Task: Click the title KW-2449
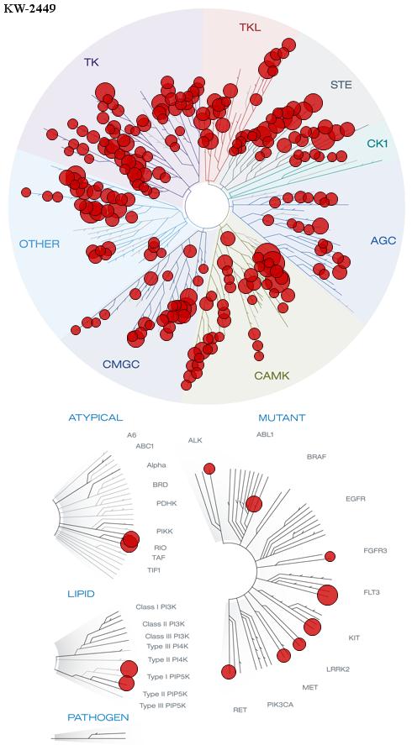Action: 29,8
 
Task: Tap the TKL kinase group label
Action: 251,28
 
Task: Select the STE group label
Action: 341,86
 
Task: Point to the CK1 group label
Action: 378,144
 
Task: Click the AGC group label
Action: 383,241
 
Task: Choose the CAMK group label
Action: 272,376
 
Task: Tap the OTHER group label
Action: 40,244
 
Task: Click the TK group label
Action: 92,62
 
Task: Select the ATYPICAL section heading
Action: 96,417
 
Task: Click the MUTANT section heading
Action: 282,418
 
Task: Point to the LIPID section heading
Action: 81,594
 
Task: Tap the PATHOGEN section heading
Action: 98,717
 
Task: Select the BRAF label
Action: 316,457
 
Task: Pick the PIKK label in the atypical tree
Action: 165,531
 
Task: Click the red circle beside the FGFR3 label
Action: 330,556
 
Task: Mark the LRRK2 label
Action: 338,669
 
